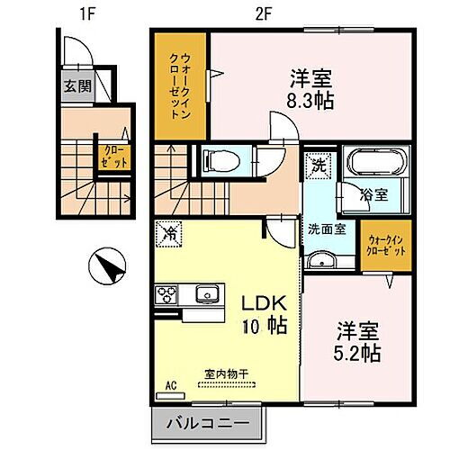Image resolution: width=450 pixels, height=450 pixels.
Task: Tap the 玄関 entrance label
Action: point(76,86)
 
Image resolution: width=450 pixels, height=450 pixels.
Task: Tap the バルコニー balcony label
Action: point(205,421)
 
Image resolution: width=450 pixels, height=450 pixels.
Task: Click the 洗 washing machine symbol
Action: point(317,165)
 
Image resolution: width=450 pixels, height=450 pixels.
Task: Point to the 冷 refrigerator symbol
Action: point(167,234)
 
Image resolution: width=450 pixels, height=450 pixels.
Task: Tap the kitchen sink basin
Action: point(205,294)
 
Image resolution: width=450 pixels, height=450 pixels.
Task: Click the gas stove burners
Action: point(168,295)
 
